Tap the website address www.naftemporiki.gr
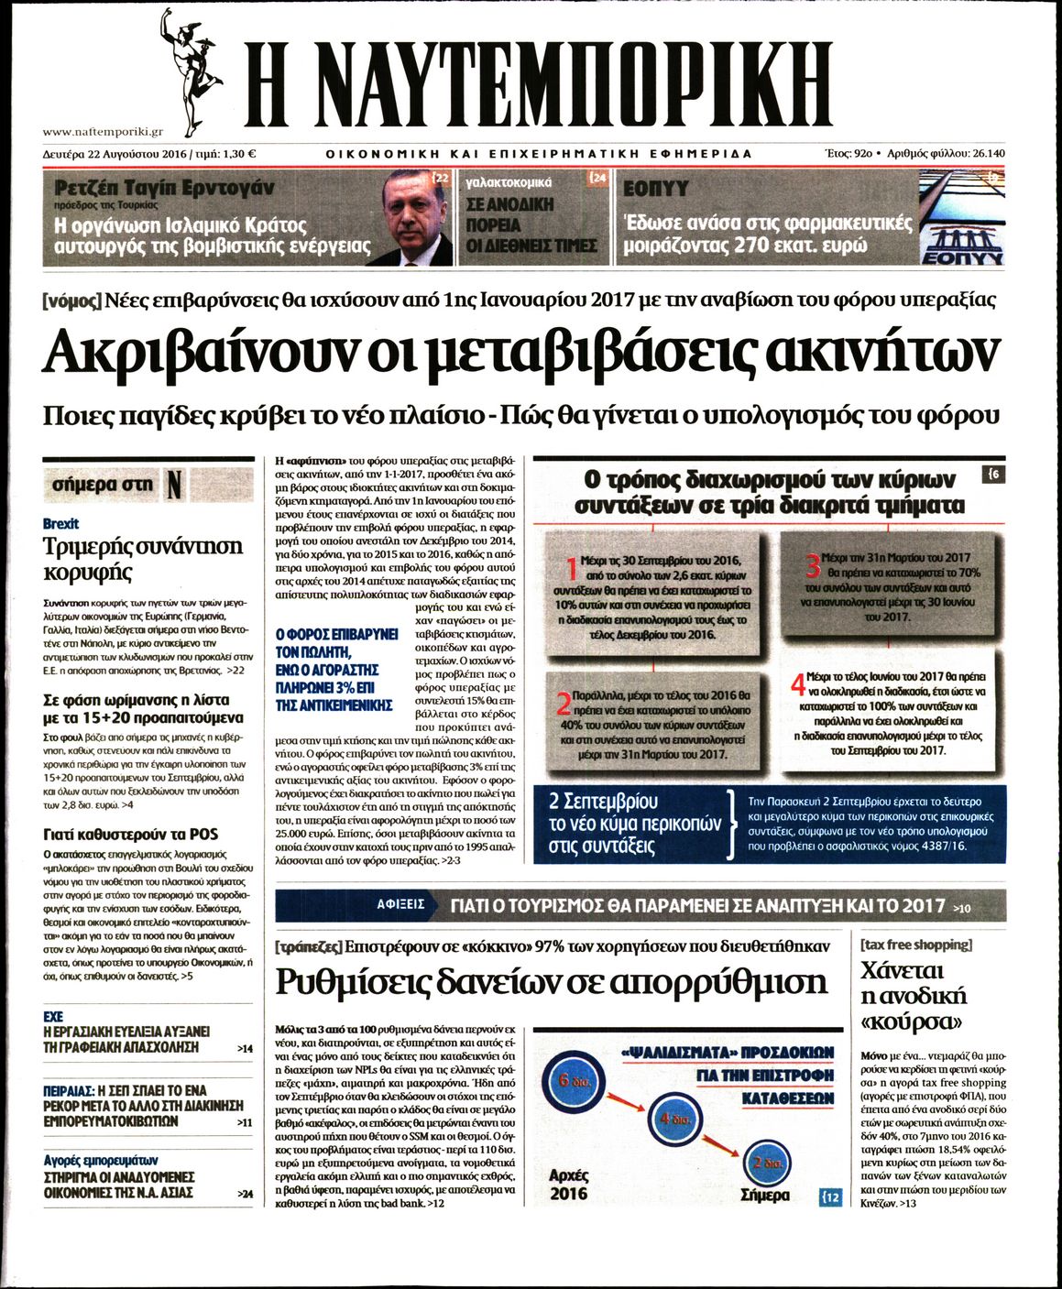[103, 132]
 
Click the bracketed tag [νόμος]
[71, 300]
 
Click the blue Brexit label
[60, 524]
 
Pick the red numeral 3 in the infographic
[811, 564]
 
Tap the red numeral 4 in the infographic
[798, 684]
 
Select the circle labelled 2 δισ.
[766, 1162]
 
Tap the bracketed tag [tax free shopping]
[916, 945]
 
